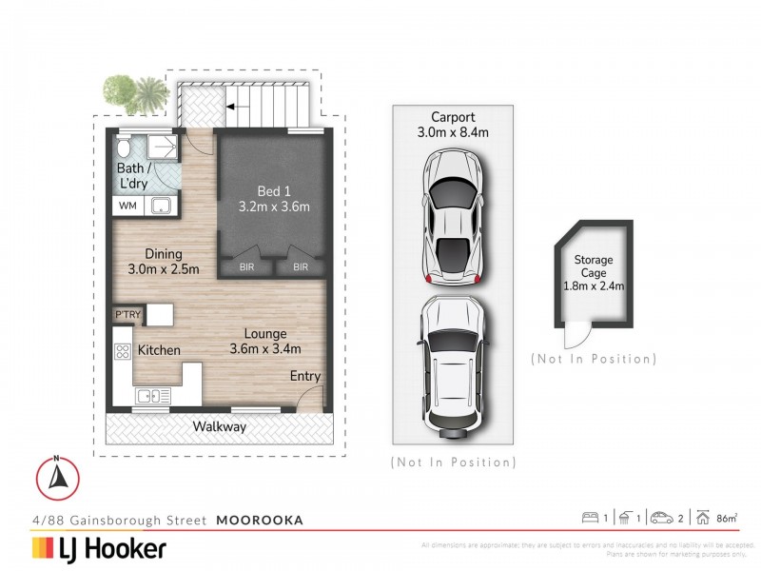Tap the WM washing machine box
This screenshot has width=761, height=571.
[127, 206]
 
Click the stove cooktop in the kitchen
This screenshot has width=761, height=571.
[123, 350]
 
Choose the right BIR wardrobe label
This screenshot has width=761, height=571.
[300, 267]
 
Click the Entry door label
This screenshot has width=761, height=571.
[305, 376]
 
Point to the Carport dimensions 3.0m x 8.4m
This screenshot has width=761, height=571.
[453, 133]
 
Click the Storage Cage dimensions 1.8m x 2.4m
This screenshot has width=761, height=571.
[593, 283]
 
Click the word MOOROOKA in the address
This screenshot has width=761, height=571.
[259, 520]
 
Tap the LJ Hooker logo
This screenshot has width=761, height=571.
[99, 548]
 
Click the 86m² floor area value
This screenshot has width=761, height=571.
[727, 518]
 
